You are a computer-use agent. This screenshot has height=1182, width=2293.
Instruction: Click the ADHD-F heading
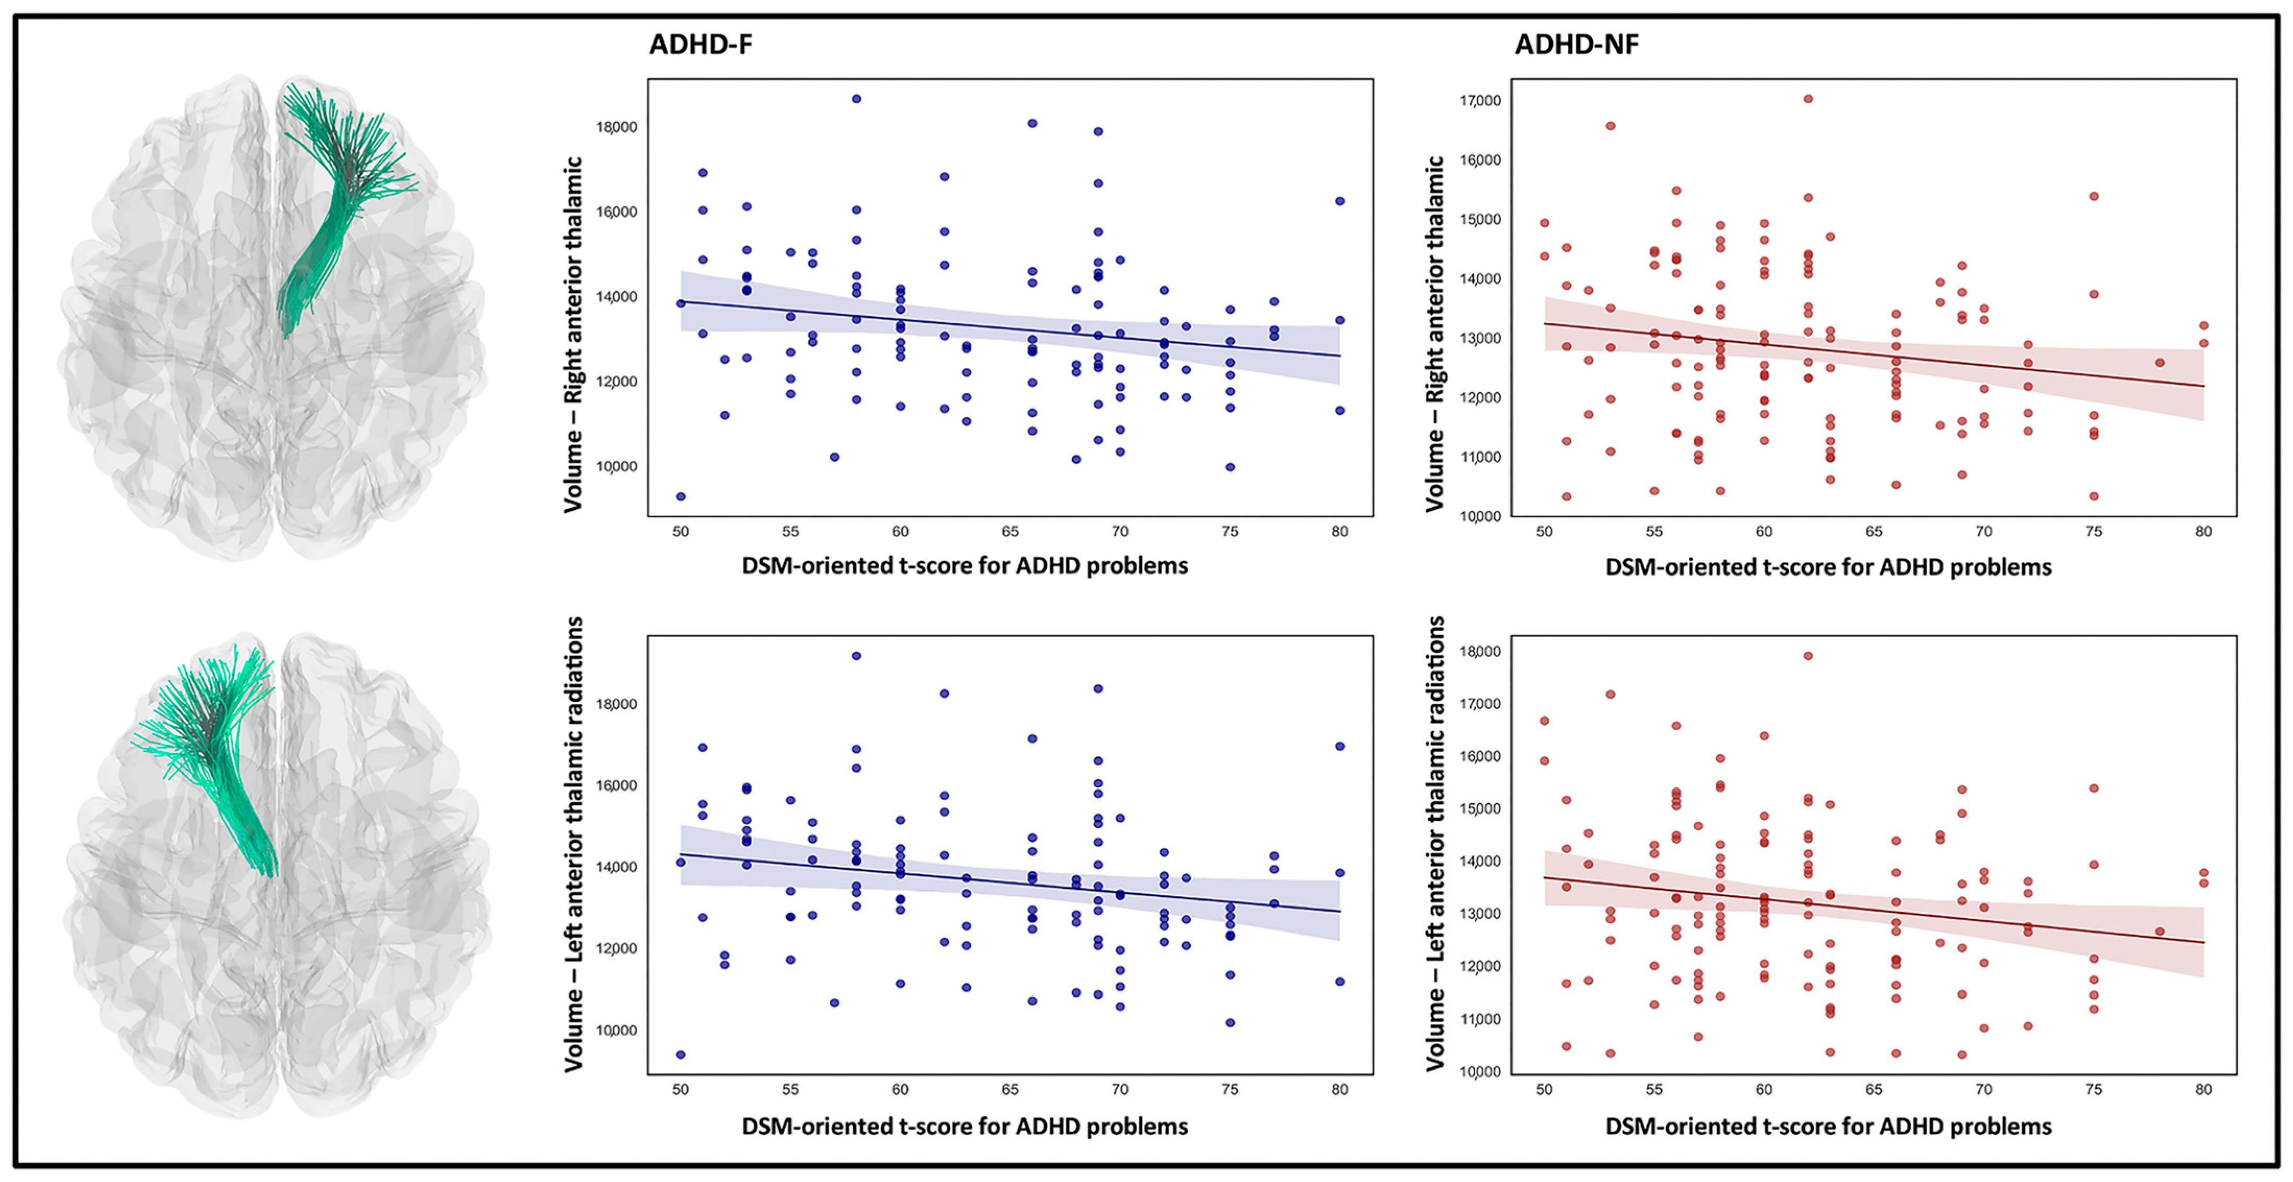pyautogui.click(x=701, y=44)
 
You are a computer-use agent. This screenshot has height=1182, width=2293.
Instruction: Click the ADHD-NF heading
pyautogui.click(x=1577, y=44)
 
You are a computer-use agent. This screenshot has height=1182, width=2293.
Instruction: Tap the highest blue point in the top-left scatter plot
pyautogui.click(x=856, y=99)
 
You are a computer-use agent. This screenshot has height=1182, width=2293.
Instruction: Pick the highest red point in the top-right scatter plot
pyautogui.click(x=1808, y=99)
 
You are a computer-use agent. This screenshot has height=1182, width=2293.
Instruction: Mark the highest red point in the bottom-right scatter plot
pyautogui.click(x=1808, y=656)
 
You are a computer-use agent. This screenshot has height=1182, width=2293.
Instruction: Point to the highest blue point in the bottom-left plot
pyautogui.click(x=856, y=656)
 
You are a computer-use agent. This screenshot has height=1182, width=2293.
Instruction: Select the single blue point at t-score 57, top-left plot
pyautogui.click(x=834, y=458)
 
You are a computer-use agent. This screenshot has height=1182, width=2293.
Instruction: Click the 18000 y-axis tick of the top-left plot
pyautogui.click(x=616, y=127)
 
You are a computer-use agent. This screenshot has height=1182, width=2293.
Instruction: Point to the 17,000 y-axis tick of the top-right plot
pyautogui.click(x=1480, y=101)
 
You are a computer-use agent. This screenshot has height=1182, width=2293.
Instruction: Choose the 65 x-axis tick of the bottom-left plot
pyautogui.click(x=1010, y=1090)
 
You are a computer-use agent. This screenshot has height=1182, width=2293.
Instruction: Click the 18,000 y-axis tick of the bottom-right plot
pyautogui.click(x=1480, y=651)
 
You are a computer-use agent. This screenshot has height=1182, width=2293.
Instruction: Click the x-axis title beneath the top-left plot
pyautogui.click(x=965, y=566)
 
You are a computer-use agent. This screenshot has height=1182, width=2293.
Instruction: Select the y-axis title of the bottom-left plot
pyautogui.click(x=574, y=844)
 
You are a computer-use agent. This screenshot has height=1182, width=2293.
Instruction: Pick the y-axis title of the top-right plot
pyautogui.click(x=1435, y=334)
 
